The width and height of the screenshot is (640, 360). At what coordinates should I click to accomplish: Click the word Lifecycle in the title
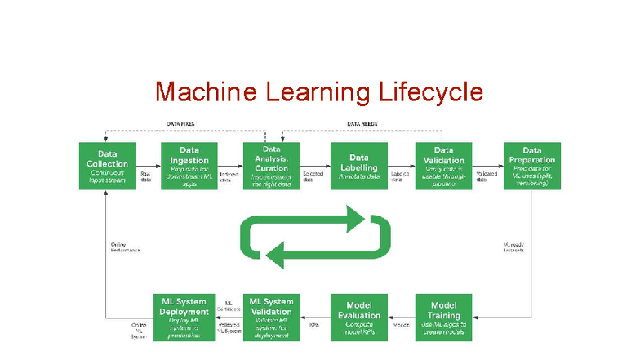[431, 91]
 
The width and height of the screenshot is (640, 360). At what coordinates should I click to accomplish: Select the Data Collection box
[107, 167]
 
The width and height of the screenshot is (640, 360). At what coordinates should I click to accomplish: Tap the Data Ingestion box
[189, 167]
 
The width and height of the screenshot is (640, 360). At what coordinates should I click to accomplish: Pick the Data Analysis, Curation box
[271, 167]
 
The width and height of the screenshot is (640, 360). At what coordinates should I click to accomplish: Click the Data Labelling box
[358, 167]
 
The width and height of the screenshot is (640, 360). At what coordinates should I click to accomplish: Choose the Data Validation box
[443, 167]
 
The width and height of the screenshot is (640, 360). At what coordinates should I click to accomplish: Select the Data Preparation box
[532, 167]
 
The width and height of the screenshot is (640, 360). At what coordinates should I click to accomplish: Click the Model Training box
[443, 316]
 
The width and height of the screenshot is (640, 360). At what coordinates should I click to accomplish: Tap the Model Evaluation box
[358, 316]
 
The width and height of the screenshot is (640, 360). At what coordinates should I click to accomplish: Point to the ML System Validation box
[271, 316]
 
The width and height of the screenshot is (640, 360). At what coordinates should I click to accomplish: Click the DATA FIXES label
[180, 124]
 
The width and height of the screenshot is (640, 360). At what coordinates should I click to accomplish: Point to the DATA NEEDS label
[362, 124]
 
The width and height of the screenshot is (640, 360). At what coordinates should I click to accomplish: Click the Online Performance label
[124, 247]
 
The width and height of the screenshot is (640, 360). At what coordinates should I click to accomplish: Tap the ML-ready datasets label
[514, 247]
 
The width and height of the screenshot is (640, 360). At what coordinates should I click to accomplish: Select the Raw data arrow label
[146, 177]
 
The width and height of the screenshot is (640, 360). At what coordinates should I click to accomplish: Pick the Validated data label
[487, 177]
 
